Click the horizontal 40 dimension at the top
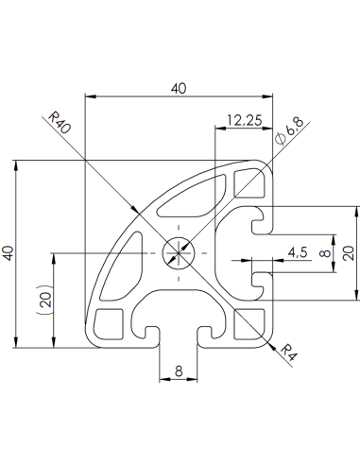[178, 87]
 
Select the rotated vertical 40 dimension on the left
[9, 253]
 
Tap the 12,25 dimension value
[244, 120]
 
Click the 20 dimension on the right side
[348, 252]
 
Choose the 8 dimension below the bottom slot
[179, 372]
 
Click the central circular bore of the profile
[178, 253]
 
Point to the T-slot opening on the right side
[257, 253]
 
